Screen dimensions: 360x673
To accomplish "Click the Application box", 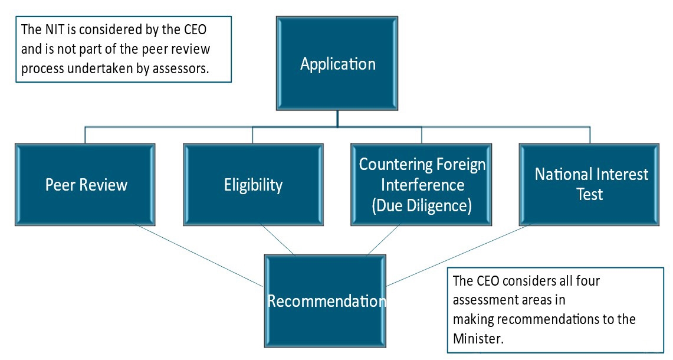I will coord(337,63).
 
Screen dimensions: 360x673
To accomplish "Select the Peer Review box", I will coord(86,184).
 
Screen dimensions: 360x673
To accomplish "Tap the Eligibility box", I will coord(253,184).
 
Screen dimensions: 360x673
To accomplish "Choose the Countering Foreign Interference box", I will coord(421,184).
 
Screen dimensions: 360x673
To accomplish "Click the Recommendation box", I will coord(325,301).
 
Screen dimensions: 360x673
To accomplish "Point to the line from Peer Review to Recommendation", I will coord(198,254).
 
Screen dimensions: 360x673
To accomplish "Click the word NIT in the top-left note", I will coord(52,29).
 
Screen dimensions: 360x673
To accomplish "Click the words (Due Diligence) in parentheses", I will coord(421,205).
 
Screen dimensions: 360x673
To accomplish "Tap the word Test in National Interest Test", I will coord(589,194).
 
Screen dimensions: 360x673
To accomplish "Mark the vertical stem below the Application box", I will coord(337,117).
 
